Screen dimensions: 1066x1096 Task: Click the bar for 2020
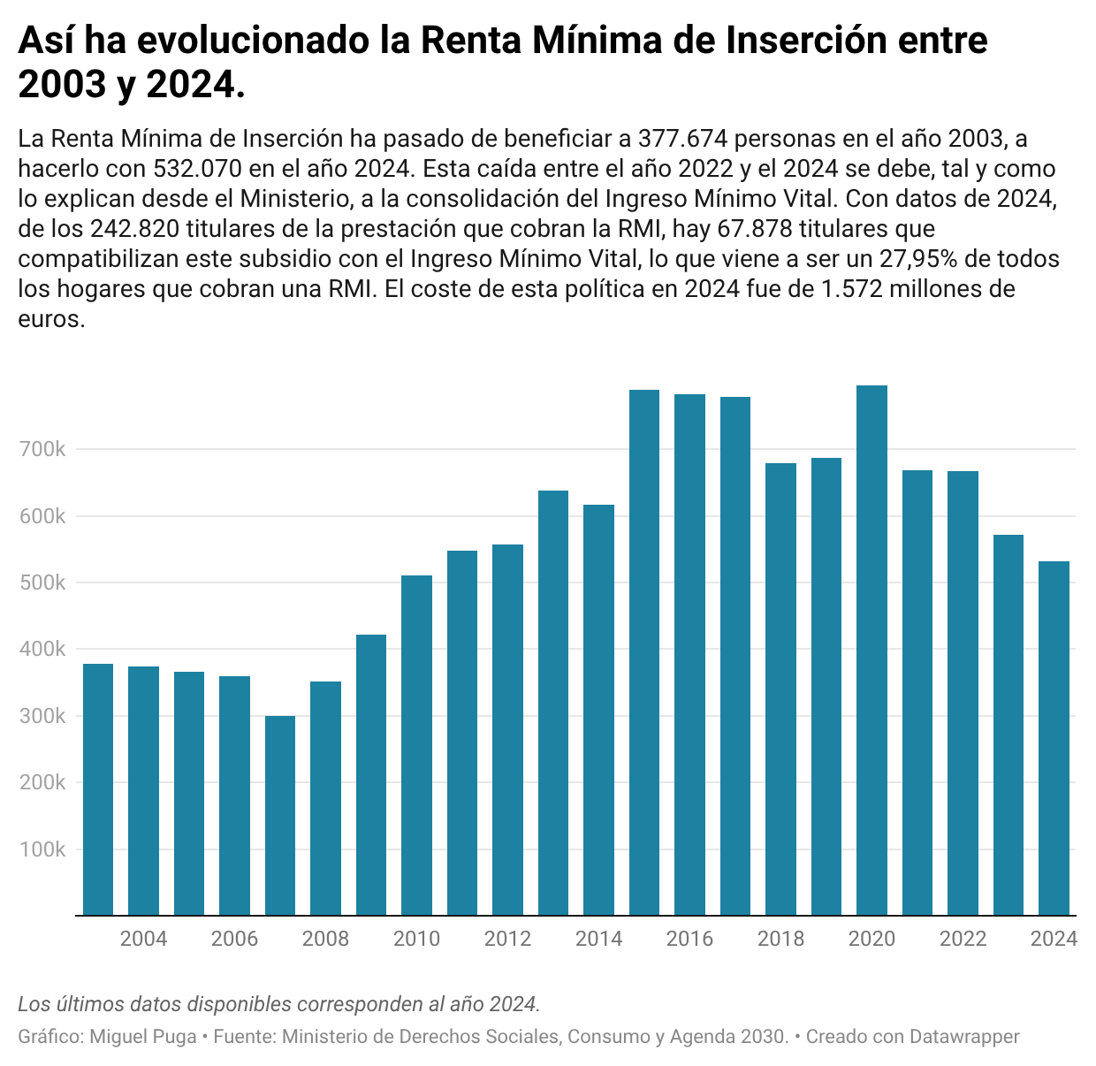[871, 650]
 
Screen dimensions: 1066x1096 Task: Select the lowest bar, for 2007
[280, 815]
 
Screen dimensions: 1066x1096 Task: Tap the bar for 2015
[644, 652]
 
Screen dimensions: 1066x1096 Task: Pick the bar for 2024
[1054, 738]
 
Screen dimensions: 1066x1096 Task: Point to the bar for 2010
[416, 745]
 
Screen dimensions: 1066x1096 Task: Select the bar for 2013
[553, 703]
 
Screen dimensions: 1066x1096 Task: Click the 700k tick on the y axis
[42, 449]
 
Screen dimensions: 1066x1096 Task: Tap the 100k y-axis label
[42, 849]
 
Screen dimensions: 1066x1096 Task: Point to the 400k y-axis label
[42, 649]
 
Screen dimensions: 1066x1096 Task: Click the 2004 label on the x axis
[143, 939]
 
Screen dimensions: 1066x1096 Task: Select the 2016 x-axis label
[689, 939]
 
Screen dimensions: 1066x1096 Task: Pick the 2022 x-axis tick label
[963, 939]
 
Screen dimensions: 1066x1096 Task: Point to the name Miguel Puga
[143, 1036]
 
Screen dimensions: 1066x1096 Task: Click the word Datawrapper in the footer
[964, 1036]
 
